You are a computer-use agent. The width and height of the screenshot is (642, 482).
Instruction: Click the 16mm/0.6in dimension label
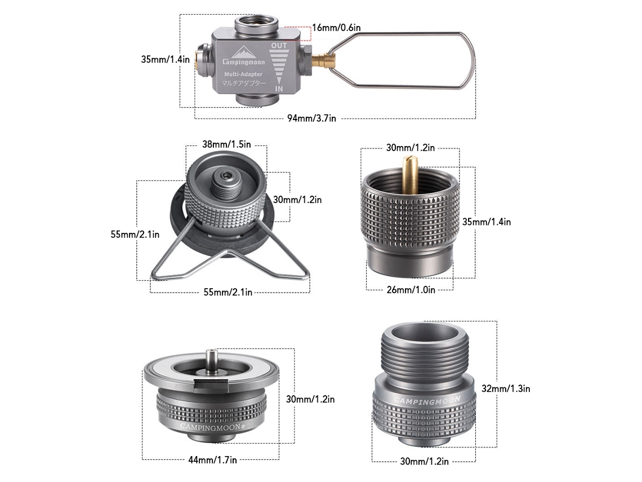click(336, 28)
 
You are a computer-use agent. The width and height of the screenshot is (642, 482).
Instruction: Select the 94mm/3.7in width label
click(311, 118)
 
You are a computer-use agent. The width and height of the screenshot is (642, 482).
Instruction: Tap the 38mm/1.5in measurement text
click(226, 144)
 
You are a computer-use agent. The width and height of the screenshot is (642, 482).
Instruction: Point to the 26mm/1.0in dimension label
click(411, 290)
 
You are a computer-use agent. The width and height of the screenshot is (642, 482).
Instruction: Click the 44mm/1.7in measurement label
click(212, 460)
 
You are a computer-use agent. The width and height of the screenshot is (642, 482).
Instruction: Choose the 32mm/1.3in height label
click(506, 388)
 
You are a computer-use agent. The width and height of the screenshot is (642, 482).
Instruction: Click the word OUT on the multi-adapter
click(279, 46)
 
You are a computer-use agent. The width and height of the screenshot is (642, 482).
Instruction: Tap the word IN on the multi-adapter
click(279, 89)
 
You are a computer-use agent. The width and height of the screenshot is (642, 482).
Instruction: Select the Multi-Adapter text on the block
click(243, 74)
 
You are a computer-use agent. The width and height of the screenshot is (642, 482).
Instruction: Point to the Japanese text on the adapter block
click(244, 83)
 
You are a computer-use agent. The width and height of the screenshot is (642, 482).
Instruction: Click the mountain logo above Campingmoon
click(243, 52)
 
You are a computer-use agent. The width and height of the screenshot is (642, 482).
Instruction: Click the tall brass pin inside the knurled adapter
click(410, 174)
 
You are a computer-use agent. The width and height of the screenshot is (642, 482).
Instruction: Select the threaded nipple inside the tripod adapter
click(226, 183)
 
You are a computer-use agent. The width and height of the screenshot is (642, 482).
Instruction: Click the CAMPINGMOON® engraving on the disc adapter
click(213, 427)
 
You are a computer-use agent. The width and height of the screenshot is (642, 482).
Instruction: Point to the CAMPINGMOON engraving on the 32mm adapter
click(427, 400)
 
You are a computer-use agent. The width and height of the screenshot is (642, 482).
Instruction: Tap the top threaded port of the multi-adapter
click(257, 24)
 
